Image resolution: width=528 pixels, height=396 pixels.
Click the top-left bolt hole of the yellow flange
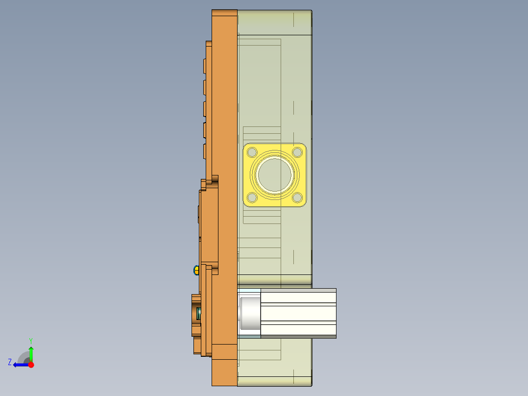[252, 152]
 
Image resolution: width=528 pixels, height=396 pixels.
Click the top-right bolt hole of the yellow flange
[297, 152]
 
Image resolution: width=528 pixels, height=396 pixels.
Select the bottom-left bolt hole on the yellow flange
[252, 198]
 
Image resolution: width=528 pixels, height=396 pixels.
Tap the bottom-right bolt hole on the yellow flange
[297, 198]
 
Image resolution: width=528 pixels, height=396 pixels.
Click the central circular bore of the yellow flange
[275, 175]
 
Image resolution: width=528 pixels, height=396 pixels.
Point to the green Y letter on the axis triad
[30, 340]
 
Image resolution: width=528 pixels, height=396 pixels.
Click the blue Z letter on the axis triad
[10, 362]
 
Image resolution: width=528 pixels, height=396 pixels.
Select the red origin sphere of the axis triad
[31, 365]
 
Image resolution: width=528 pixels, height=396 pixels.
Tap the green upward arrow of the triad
[31, 353]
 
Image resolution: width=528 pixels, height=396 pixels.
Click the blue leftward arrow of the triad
[20, 365]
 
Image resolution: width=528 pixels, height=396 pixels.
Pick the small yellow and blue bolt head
[196, 270]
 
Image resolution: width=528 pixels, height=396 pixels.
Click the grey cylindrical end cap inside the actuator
[249, 313]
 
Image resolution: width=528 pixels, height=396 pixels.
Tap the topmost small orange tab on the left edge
[204, 67]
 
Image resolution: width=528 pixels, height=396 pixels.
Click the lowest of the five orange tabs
[204, 151]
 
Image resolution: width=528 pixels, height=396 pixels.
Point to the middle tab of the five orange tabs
[204, 109]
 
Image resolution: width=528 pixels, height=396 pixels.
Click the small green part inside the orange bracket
[199, 313]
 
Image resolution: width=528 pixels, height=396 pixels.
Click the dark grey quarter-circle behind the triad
[24, 357]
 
